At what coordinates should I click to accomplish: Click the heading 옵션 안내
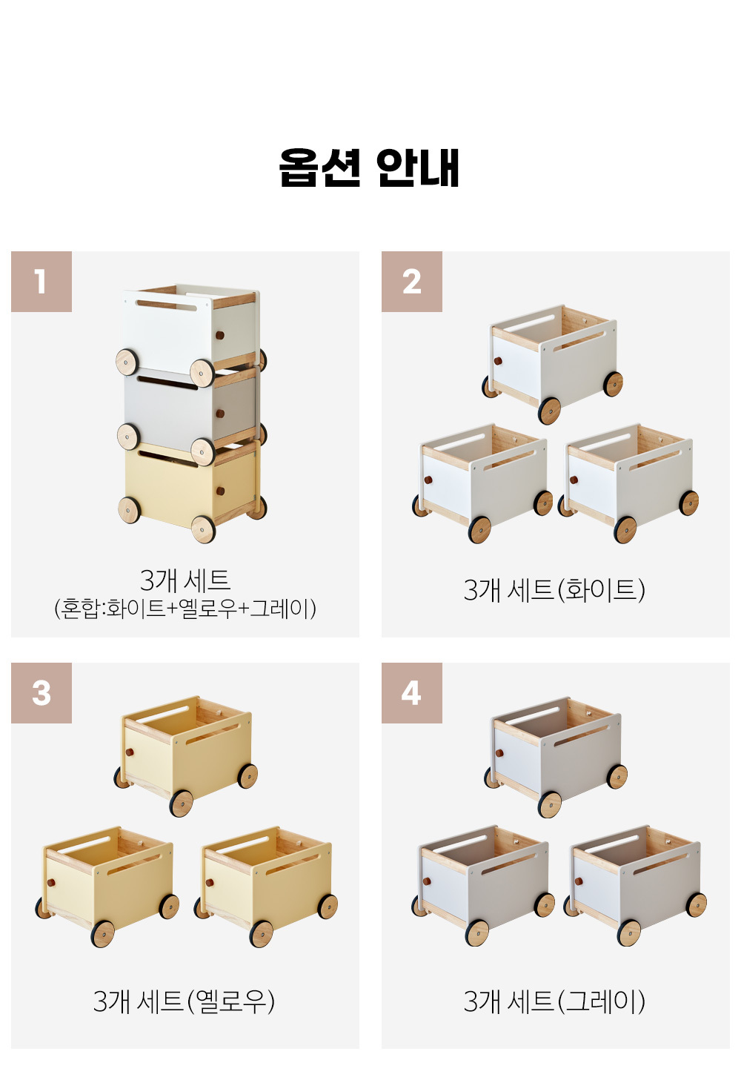pyautogui.click(x=369, y=167)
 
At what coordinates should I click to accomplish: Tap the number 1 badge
pyautogui.click(x=41, y=282)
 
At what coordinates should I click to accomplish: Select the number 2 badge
pyautogui.click(x=412, y=282)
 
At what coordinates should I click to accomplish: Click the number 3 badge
pyautogui.click(x=41, y=693)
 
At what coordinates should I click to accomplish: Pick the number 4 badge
pyautogui.click(x=412, y=693)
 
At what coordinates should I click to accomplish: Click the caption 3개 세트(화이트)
pyautogui.click(x=554, y=589)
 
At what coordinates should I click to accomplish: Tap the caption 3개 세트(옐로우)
pyautogui.click(x=185, y=1001)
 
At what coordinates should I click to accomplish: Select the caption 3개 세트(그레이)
pyautogui.click(x=554, y=1001)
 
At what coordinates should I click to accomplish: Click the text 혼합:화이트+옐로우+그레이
pyautogui.click(x=185, y=609)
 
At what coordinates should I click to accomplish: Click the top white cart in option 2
pyautogui.click(x=553, y=364)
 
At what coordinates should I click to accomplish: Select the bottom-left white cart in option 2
pyautogui.click(x=482, y=483)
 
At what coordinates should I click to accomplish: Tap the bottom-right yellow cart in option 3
pyautogui.click(x=266, y=887)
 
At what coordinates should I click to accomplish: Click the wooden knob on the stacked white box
pyautogui.click(x=220, y=335)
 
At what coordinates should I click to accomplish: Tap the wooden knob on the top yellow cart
pyautogui.click(x=129, y=752)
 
